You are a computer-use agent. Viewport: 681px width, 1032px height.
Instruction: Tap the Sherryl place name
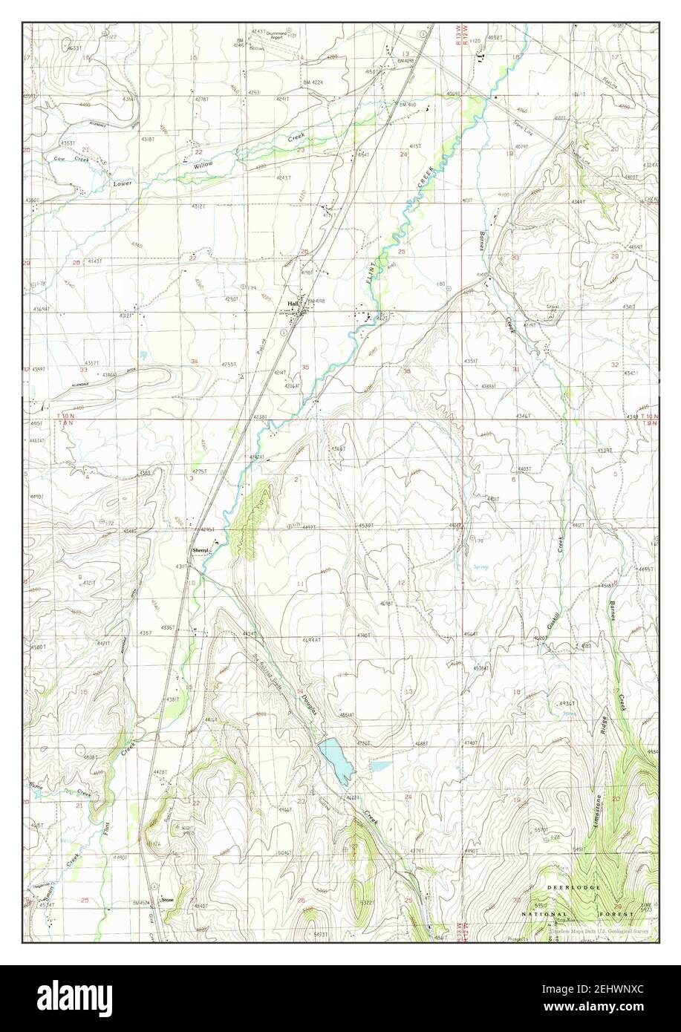(x=200, y=550)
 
